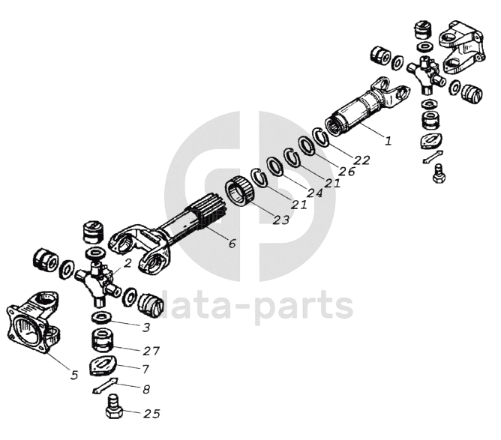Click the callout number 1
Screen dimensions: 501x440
pyautogui.click(x=388, y=140)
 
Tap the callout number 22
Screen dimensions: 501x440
pyautogui.click(x=361, y=160)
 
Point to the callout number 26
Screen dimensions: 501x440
pyautogui.click(x=346, y=172)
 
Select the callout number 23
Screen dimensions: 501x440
pyautogui.click(x=280, y=220)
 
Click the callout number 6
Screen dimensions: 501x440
pyautogui.click(x=232, y=244)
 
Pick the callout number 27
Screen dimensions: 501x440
pyautogui.click(x=151, y=351)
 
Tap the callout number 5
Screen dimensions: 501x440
pyautogui.click(x=74, y=375)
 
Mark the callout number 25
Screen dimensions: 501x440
pyautogui.click(x=151, y=414)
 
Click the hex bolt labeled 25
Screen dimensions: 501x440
pyautogui.click(x=114, y=406)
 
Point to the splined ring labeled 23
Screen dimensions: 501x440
pyautogui.click(x=240, y=191)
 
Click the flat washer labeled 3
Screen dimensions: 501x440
pyautogui.click(x=101, y=319)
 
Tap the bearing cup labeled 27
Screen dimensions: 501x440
pyautogui.click(x=102, y=341)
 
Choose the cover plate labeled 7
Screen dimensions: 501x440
pyautogui.click(x=103, y=365)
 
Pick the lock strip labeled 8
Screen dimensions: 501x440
pyautogui.click(x=105, y=385)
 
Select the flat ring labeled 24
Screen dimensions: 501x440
pyautogui.click(x=275, y=166)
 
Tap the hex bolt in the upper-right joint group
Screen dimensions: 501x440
pyautogui.click(x=439, y=173)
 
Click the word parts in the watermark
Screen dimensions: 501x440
pyautogui.click(x=304, y=306)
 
